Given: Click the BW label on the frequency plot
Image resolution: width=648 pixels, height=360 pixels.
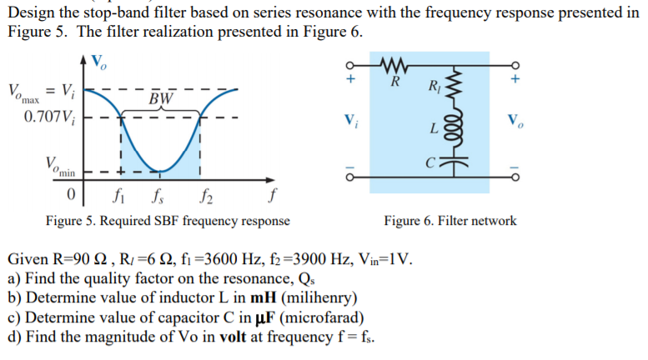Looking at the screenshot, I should click(x=162, y=99).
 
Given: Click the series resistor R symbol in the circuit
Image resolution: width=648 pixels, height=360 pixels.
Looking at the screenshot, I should click(x=392, y=66).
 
